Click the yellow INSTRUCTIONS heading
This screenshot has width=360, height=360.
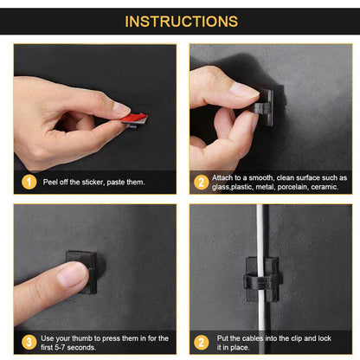pyautogui.click(x=181, y=22)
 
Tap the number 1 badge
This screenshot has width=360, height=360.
pyautogui.click(x=29, y=182)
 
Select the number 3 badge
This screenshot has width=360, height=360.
pyautogui.click(x=29, y=343)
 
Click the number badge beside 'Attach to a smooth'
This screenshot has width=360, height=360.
pyautogui.click(x=202, y=183)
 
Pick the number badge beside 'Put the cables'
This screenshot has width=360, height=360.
pyautogui.click(x=202, y=343)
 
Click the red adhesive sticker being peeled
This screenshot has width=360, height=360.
pyautogui.click(x=135, y=118)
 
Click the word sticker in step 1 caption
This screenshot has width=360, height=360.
pyautogui.click(x=93, y=182)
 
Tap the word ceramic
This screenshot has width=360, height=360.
pyautogui.click(x=325, y=187)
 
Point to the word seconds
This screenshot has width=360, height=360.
pyautogui.click(x=81, y=347)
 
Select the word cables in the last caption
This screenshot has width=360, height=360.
pyautogui.click(x=253, y=338)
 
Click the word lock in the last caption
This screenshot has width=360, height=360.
pyautogui.click(x=325, y=338)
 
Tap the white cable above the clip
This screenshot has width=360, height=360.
pyautogui.click(x=260, y=231)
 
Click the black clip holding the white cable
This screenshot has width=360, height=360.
pyautogui.click(x=262, y=279)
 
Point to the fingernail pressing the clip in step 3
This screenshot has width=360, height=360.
pyautogui.click(x=72, y=275)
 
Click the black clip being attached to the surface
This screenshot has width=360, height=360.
pyautogui.click(x=265, y=107)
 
